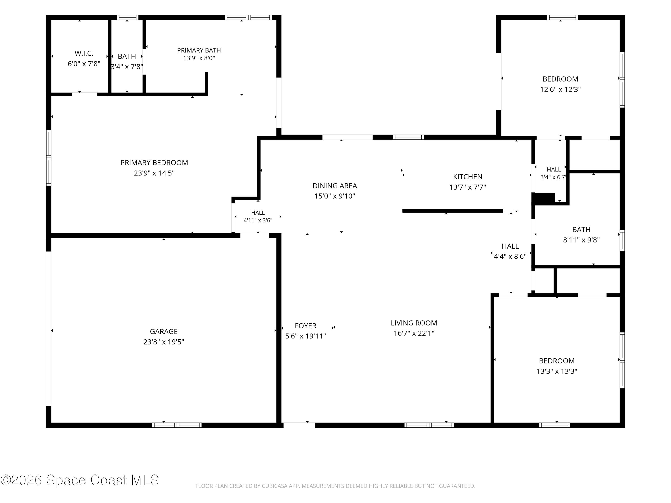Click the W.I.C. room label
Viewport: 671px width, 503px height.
(84, 54)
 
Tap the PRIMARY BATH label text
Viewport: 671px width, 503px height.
(199, 50)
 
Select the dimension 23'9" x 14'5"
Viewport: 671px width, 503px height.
(154, 173)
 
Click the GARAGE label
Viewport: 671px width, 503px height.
(164, 331)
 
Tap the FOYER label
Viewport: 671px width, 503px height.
(306, 326)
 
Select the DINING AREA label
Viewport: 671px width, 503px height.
(335, 186)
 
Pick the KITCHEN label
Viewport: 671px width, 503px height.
(467, 177)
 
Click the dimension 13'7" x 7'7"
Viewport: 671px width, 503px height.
(467, 187)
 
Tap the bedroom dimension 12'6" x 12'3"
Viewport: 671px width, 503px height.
(560, 89)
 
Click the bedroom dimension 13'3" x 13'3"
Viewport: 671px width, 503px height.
(557, 371)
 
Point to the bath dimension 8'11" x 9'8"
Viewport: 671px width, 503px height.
(581, 240)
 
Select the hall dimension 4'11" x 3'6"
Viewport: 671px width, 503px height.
(258, 220)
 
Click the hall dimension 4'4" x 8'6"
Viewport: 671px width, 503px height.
(510, 256)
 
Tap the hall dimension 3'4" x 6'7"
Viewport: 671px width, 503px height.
(553, 177)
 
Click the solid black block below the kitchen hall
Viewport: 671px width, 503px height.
(544, 199)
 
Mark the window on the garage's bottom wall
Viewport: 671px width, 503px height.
(176, 425)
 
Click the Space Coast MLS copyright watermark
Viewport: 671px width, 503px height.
(79, 480)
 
